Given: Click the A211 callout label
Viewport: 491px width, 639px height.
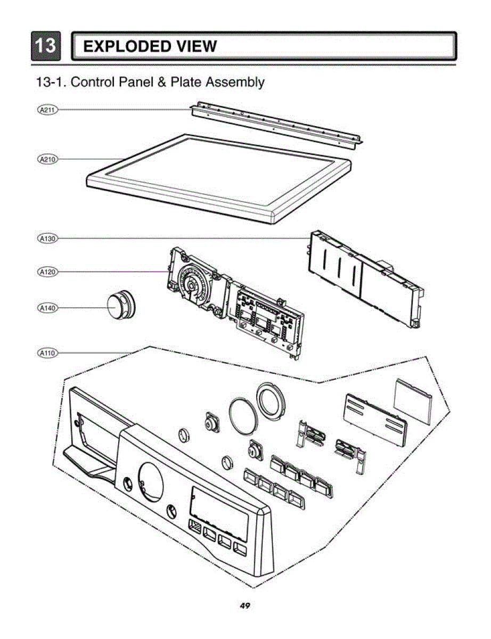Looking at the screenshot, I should pyautogui.click(x=48, y=110).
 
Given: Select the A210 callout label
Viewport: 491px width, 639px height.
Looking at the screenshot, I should pyautogui.click(x=48, y=159).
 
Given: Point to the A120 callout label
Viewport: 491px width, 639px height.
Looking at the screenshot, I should pyautogui.click(x=48, y=272).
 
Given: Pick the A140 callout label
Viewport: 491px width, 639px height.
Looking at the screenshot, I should pyautogui.click(x=48, y=308).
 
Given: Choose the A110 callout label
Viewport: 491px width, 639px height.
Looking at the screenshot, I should pyautogui.click(x=48, y=352).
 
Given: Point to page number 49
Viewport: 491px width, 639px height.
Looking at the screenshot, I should pyautogui.click(x=245, y=605).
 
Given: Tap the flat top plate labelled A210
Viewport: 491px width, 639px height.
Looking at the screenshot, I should pyautogui.click(x=218, y=176).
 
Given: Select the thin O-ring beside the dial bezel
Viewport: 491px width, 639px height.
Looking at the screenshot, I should pyautogui.click(x=243, y=413).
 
